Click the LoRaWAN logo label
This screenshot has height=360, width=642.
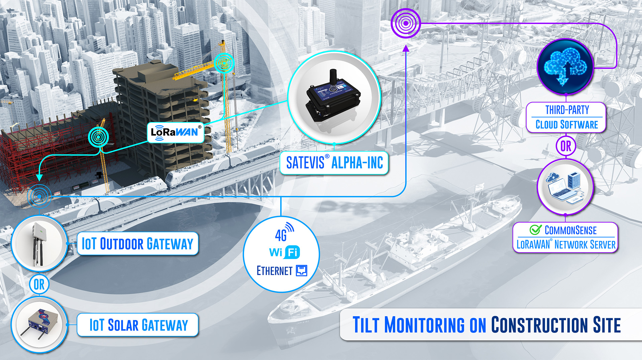pos(176,132)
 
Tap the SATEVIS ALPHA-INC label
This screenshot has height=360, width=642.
pos(334,163)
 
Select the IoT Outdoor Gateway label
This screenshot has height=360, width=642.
pos(137,244)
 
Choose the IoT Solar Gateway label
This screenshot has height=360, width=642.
pos(138,325)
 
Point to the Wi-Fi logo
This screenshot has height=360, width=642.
pos(285,252)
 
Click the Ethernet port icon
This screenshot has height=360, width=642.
pos(302,270)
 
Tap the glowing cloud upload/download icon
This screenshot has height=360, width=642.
pos(565,66)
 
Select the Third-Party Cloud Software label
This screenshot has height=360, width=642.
pos(566,117)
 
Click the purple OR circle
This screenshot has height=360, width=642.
pos(566,146)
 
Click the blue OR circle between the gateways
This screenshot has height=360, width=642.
pos(39,284)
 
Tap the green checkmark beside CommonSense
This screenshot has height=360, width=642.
pos(535,230)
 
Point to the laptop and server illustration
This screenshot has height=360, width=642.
pos(565,187)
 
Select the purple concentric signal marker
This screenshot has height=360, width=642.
pos(406,23)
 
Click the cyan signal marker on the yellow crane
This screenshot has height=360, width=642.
pos(224,63)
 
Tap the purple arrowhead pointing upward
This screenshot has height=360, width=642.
pos(406,48)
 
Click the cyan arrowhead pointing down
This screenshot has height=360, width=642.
pos(39,177)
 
